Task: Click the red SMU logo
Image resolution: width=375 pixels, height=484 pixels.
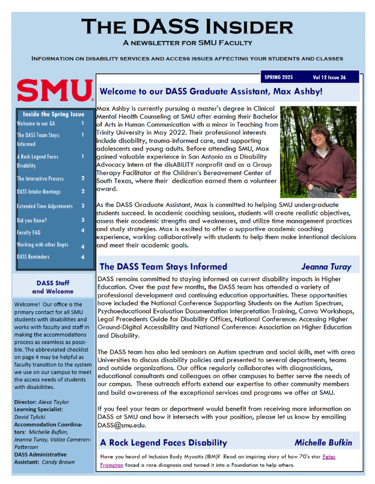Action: [x=55, y=90]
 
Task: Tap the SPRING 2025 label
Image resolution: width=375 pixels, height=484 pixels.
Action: [x=279, y=78]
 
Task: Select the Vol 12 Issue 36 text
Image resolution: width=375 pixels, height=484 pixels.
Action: [x=329, y=78]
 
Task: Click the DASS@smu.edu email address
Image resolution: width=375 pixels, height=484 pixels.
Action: [x=122, y=425]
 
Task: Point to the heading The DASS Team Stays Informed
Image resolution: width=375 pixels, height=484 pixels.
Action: [x=163, y=266]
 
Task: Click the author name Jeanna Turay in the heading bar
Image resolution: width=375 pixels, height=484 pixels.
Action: [x=326, y=267]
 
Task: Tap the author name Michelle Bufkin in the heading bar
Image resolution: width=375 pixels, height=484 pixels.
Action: [x=323, y=443]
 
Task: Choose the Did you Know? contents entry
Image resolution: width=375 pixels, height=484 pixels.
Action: [x=32, y=220]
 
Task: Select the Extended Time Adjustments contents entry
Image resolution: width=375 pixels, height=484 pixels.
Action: [x=44, y=206]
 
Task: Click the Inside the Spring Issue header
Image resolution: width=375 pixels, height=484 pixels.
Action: [x=54, y=114]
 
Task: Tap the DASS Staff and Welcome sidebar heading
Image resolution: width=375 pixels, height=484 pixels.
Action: [x=53, y=287]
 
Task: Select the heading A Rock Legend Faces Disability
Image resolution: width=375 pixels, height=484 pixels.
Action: [x=163, y=443]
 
